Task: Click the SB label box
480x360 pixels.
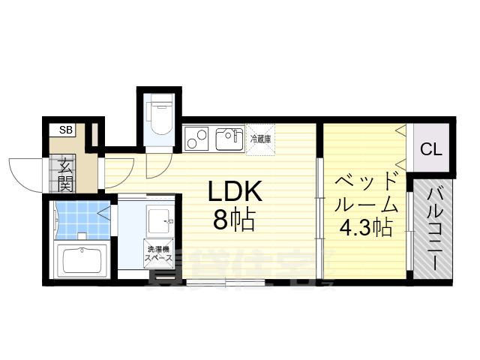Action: (x=66, y=130)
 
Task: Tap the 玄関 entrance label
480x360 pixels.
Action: (x=65, y=174)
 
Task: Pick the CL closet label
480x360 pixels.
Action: (x=430, y=149)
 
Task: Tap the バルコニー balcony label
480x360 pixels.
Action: (x=435, y=229)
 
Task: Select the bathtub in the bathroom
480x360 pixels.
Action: (x=83, y=259)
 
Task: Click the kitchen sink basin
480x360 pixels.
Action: (x=226, y=139)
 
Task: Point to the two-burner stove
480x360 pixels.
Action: (x=197, y=139)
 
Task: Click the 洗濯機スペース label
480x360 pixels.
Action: (x=159, y=253)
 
